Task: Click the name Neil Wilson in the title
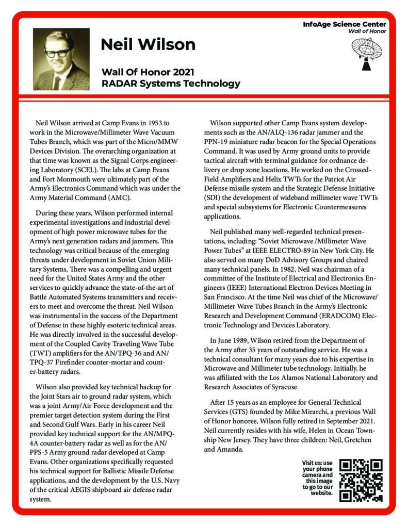(148, 44)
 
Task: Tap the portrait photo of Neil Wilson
(61, 59)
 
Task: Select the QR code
(361, 480)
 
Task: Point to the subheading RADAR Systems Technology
(171, 83)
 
